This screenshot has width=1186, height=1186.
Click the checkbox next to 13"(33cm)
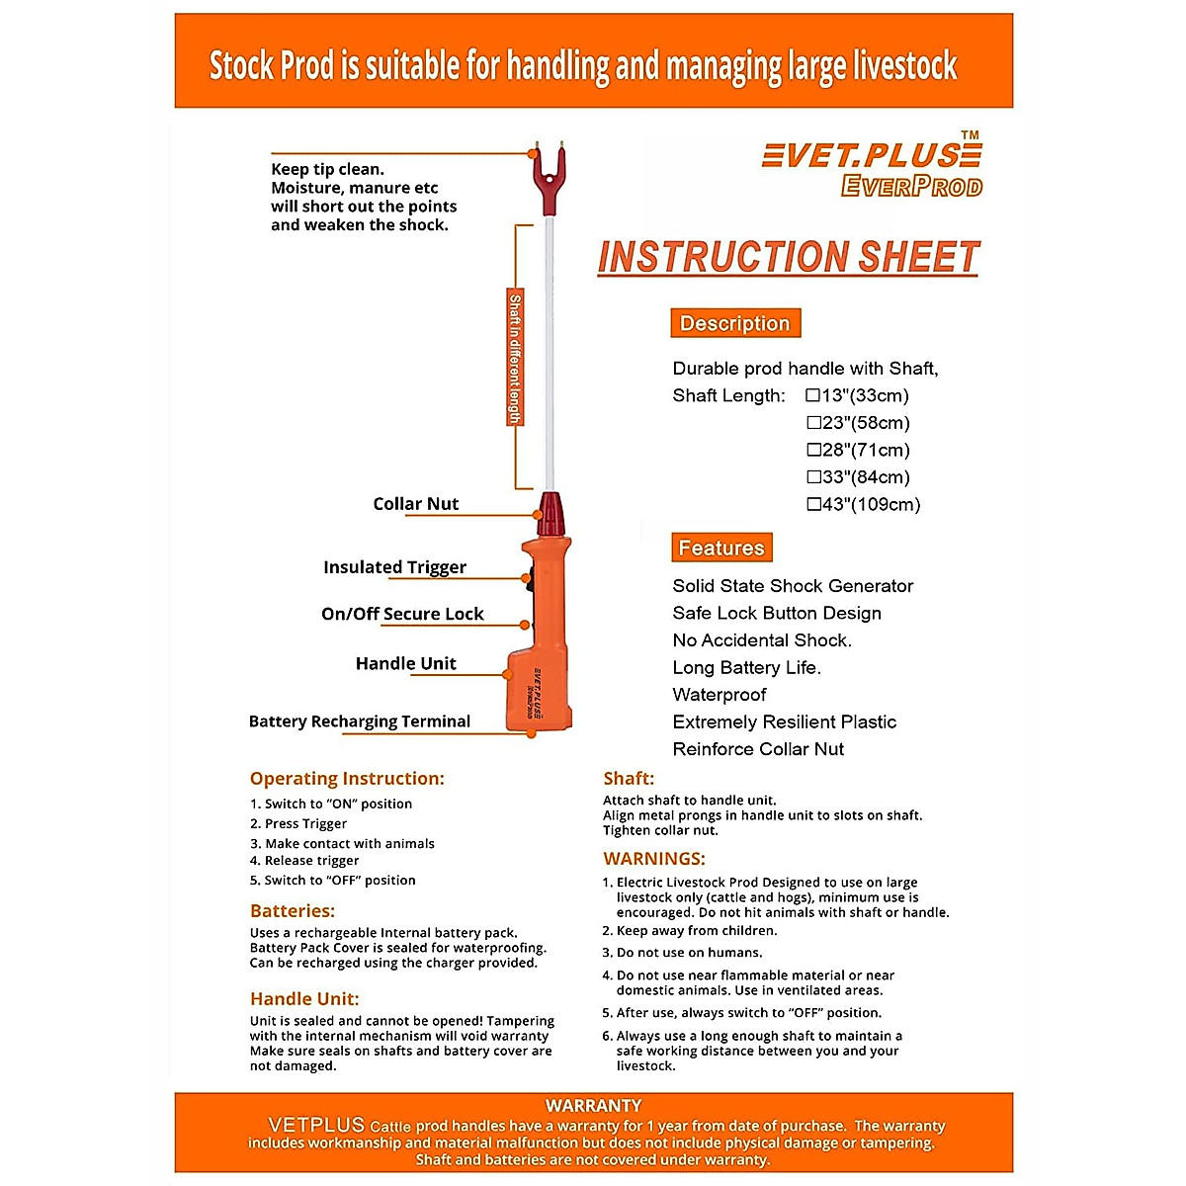tap(813, 395)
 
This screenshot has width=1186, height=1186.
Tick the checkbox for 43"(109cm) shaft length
tap(813, 504)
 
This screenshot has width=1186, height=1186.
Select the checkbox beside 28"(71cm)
tap(813, 450)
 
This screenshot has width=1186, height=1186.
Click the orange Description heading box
tap(735, 323)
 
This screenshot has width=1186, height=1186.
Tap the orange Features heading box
tap(721, 548)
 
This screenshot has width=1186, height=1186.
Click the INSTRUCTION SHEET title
tap(788, 257)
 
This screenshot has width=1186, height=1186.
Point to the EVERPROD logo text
tap(911, 186)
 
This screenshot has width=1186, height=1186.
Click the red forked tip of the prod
tap(550, 175)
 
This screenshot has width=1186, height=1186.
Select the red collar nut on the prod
tap(551, 515)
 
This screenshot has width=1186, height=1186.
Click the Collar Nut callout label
tap(415, 504)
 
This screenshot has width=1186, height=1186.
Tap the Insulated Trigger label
tap(394, 567)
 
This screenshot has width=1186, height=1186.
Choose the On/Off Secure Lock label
tap(402, 614)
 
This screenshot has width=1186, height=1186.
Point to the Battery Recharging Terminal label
tap(360, 721)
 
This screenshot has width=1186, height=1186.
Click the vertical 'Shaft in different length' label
tap(515, 358)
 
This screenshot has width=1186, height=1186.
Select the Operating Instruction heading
tap(347, 779)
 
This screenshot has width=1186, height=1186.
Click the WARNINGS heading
tap(654, 859)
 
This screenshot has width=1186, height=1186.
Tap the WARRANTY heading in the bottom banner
tap(593, 1106)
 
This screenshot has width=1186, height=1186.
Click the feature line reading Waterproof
tap(720, 695)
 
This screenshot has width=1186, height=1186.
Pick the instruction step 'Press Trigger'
tap(305, 823)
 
